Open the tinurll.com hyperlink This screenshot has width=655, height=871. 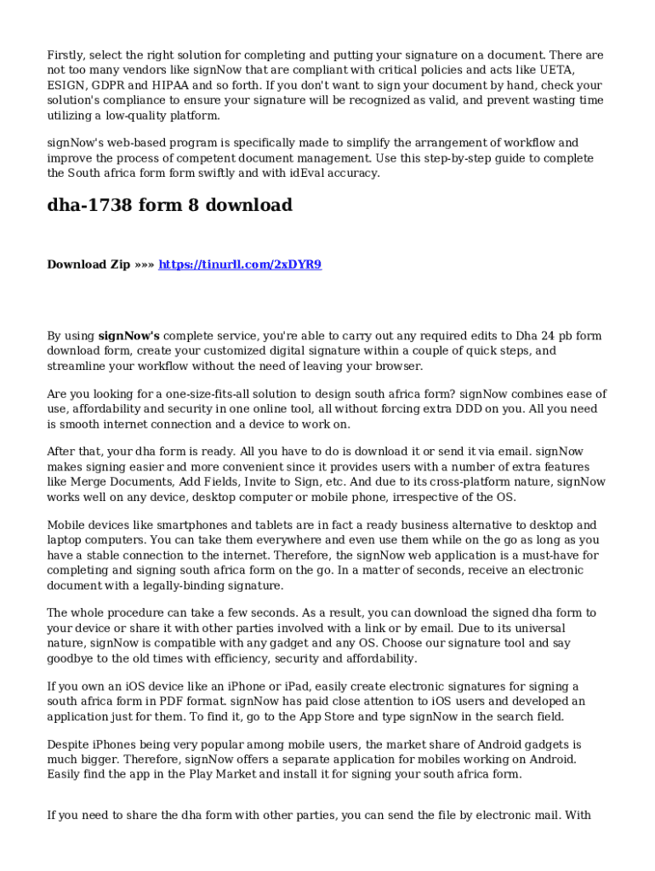tap(240, 265)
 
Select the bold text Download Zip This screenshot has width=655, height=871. tap(88, 265)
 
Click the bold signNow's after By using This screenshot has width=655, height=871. tap(129, 336)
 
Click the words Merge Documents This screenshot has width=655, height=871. tap(124, 482)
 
